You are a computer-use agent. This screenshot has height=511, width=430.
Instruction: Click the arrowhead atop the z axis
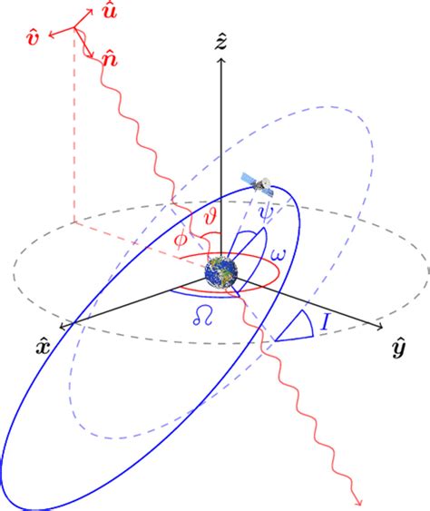click(219, 60)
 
